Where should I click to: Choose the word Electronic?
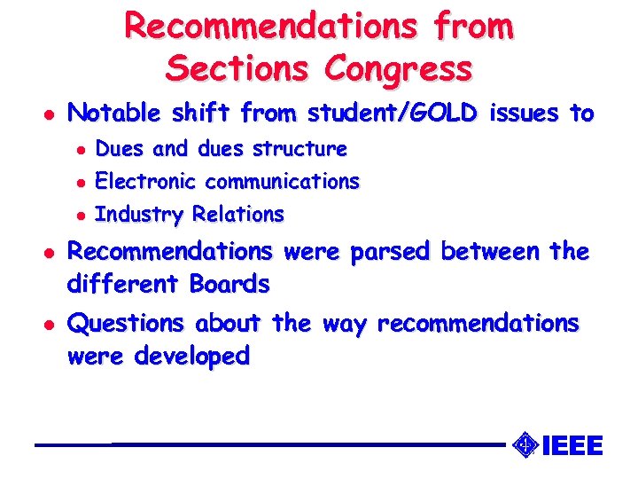(x=146, y=182)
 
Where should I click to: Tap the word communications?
(x=283, y=182)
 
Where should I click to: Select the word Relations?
(x=238, y=215)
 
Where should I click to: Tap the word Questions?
(x=126, y=324)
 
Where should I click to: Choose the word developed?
(x=192, y=357)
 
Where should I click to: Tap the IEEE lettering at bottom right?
(x=572, y=444)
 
